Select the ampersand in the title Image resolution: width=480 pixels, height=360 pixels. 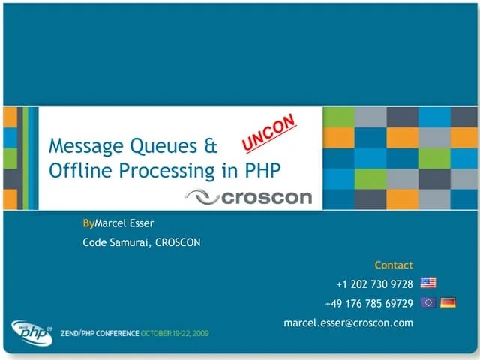tap(210, 145)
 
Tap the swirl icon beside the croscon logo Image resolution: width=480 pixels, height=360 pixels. tap(201, 196)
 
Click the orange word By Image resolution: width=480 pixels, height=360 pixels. tap(88, 223)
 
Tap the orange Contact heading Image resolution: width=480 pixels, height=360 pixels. tap(394, 265)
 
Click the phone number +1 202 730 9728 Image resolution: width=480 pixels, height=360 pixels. tap(374, 283)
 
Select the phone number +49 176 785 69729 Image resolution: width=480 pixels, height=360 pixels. tap(369, 303)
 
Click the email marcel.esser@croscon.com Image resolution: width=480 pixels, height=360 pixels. tap(348, 322)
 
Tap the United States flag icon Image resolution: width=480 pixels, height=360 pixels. tap(428, 283)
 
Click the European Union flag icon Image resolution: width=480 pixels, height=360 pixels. tap(428, 302)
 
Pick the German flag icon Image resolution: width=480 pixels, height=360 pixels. tap(448, 302)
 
